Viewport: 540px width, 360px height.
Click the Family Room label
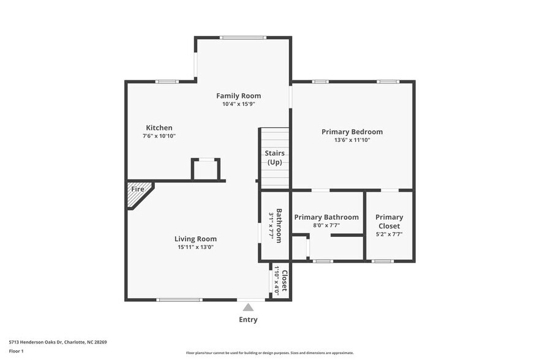[x=238, y=96]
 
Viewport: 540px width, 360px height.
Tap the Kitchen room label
[x=159, y=127]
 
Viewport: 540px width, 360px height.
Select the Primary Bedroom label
[x=352, y=132]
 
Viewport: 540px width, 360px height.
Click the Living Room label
[x=195, y=239]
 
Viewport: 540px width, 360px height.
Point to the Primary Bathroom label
[x=326, y=217]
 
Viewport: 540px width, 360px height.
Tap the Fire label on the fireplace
[x=138, y=189]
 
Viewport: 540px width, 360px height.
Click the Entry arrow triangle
[x=248, y=307]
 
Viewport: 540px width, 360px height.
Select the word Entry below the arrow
[x=248, y=320]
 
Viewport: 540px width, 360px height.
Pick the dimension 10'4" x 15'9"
[x=238, y=104]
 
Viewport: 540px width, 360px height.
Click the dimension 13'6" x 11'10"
[x=352, y=140]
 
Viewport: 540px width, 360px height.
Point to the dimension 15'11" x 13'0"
[x=195, y=247]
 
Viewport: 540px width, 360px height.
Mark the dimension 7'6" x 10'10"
[x=159, y=136]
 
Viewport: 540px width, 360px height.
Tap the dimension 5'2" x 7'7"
[x=389, y=234]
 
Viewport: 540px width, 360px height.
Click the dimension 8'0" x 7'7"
[x=326, y=225]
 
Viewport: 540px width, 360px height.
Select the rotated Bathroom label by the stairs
[x=279, y=226]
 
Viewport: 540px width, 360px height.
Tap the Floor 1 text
[x=16, y=351]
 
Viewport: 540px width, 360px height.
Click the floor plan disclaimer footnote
[x=271, y=353]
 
